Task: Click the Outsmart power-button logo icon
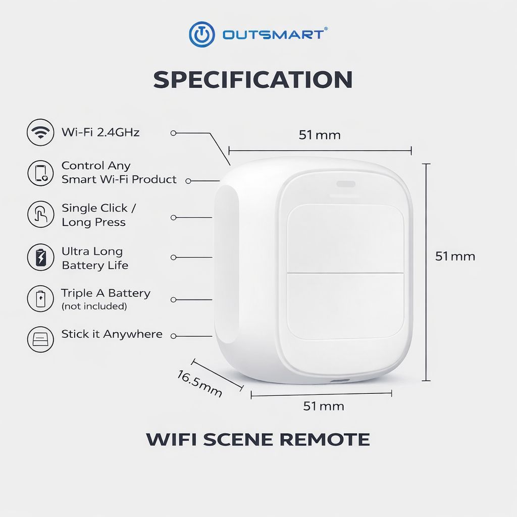coord(202,34)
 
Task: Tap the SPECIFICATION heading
coord(253,79)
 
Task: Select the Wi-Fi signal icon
coord(40,132)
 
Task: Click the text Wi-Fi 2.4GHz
coord(100,132)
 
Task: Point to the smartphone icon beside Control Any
coord(40,173)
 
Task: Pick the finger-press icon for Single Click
coord(40,214)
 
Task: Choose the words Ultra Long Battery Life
coord(95,258)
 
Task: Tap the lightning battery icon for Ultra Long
coord(40,257)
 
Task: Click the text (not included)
coord(94,306)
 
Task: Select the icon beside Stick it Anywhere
coord(40,339)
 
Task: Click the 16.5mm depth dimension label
coord(199,384)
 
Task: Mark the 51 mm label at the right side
coord(455,256)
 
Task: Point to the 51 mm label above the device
coord(320,135)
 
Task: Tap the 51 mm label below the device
coord(324,406)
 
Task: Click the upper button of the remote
coord(345,238)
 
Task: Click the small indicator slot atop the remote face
coord(345,184)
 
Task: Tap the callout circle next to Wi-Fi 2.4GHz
coord(174,133)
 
